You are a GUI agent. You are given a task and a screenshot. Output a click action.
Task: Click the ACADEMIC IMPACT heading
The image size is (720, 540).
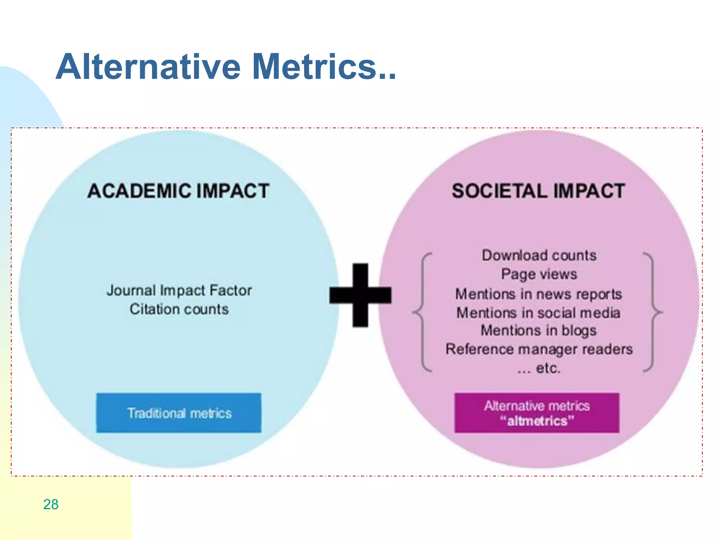pyautogui.click(x=178, y=191)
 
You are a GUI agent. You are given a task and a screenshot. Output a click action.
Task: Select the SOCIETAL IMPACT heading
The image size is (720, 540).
pyautogui.click(x=538, y=191)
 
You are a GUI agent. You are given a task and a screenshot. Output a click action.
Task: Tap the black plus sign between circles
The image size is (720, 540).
pyautogui.click(x=360, y=295)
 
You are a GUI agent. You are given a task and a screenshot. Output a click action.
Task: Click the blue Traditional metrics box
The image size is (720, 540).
pyautogui.click(x=179, y=413)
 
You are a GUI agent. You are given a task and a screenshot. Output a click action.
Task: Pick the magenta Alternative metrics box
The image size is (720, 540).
pyautogui.click(x=537, y=413)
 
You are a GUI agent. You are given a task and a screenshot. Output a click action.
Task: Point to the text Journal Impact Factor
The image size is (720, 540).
pyautogui.click(x=179, y=290)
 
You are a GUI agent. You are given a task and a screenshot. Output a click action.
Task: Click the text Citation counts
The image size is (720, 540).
pyautogui.click(x=179, y=309)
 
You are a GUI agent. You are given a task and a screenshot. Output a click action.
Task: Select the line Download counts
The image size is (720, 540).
pyautogui.click(x=539, y=255)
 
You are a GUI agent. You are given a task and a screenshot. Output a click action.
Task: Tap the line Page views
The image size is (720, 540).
pyautogui.click(x=539, y=274)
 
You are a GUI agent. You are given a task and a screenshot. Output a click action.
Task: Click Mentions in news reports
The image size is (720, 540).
pyautogui.click(x=539, y=294)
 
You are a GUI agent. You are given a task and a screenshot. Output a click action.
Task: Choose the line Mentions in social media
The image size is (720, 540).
pyautogui.click(x=538, y=313)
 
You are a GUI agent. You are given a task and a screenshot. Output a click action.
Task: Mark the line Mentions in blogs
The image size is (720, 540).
pyautogui.click(x=539, y=330)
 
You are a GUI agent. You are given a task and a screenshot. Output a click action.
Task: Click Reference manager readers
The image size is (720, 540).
pyautogui.click(x=539, y=349)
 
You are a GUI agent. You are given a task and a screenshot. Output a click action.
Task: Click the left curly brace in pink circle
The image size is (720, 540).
pyautogui.click(x=422, y=312)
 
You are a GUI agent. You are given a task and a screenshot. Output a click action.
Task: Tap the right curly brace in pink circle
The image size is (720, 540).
pyautogui.click(x=653, y=312)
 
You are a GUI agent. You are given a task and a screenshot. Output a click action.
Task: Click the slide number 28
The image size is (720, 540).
pyautogui.click(x=51, y=504)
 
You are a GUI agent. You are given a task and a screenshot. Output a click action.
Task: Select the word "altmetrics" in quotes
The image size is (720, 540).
pyautogui.click(x=537, y=421)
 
